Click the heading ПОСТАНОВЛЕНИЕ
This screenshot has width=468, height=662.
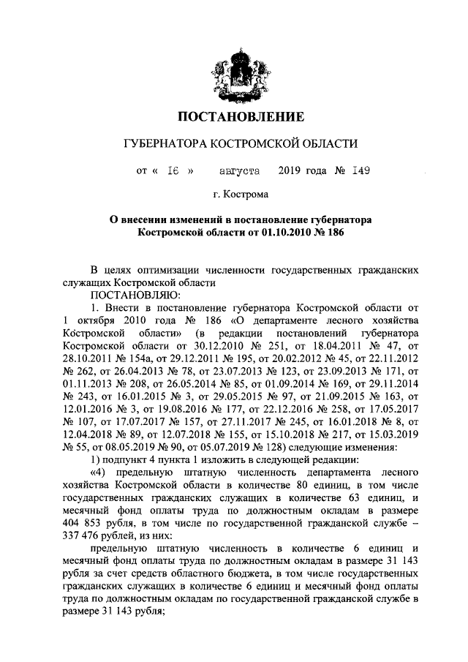point(241,117)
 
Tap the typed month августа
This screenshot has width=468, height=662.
point(240,171)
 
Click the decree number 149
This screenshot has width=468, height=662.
point(360,171)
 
